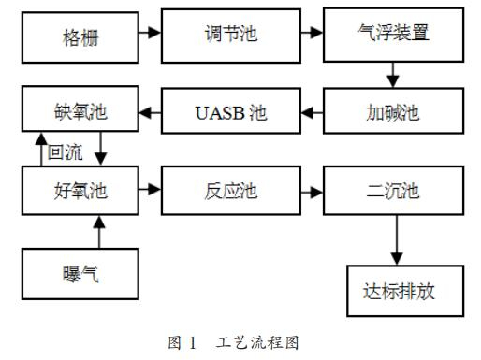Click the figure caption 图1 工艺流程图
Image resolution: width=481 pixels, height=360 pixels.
coord(240,343)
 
